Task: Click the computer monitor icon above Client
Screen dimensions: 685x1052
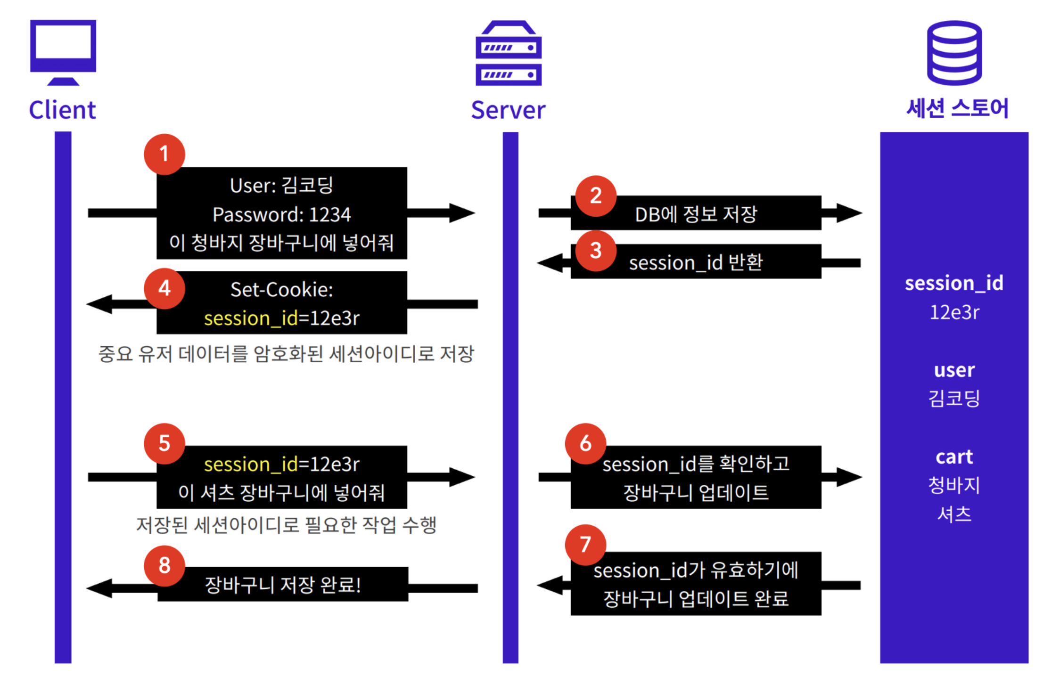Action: point(63,52)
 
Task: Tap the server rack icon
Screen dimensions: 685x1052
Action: point(508,53)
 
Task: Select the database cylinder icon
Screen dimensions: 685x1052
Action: point(954,53)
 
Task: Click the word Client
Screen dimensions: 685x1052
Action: point(63,110)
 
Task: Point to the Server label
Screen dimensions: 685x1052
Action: point(508,110)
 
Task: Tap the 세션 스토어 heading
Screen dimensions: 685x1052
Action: point(957,108)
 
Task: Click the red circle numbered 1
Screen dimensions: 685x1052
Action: point(164,154)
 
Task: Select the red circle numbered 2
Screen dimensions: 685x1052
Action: point(596,196)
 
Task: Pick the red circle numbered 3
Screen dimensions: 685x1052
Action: point(596,251)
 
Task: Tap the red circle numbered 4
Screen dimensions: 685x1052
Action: point(164,288)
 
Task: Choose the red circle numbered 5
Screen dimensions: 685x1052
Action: point(164,443)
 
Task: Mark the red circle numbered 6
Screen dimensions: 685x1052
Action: point(585,443)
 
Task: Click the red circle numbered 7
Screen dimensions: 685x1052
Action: point(585,545)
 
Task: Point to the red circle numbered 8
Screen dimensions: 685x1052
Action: point(164,565)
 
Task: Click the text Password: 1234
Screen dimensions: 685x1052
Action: point(281,215)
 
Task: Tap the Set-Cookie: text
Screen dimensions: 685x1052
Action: point(281,290)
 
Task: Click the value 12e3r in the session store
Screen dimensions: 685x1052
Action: point(954,312)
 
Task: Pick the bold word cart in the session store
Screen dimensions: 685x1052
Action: point(954,457)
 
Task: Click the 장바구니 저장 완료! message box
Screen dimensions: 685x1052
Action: point(283,585)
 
